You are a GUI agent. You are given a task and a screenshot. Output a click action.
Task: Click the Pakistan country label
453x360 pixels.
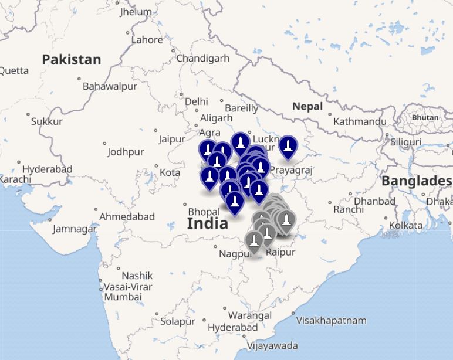[x=71, y=59]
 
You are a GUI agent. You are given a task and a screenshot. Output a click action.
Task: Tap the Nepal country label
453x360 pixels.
[x=307, y=106]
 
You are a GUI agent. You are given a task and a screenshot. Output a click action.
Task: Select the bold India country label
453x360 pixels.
[x=207, y=223]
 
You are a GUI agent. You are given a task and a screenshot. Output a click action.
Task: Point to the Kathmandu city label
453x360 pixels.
[x=360, y=121]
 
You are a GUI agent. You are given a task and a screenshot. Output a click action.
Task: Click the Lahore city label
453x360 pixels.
[x=147, y=40]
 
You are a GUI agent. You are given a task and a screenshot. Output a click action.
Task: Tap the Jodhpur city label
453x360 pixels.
[x=126, y=152]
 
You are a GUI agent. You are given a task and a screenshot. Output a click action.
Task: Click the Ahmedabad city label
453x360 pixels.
[x=127, y=216]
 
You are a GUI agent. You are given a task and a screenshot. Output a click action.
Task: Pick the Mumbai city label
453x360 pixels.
[x=123, y=297]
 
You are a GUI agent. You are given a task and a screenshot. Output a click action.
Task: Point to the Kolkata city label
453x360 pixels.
[x=405, y=225]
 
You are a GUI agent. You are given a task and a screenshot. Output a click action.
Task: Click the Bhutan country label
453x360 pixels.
[x=425, y=117]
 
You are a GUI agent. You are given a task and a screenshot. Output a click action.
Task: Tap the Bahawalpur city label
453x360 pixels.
[x=110, y=86]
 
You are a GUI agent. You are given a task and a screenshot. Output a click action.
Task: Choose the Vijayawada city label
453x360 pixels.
[x=272, y=345]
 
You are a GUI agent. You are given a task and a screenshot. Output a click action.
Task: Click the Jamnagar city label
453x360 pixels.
[x=75, y=229]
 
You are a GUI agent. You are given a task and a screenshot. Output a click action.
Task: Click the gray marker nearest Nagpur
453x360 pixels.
[x=254, y=242]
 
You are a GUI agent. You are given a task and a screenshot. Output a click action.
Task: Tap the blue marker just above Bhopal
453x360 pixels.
[x=234, y=202]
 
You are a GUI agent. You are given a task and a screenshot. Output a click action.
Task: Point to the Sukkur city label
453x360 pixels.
[x=47, y=121]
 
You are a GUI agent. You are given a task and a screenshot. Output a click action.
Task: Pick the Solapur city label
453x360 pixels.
[x=177, y=322]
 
